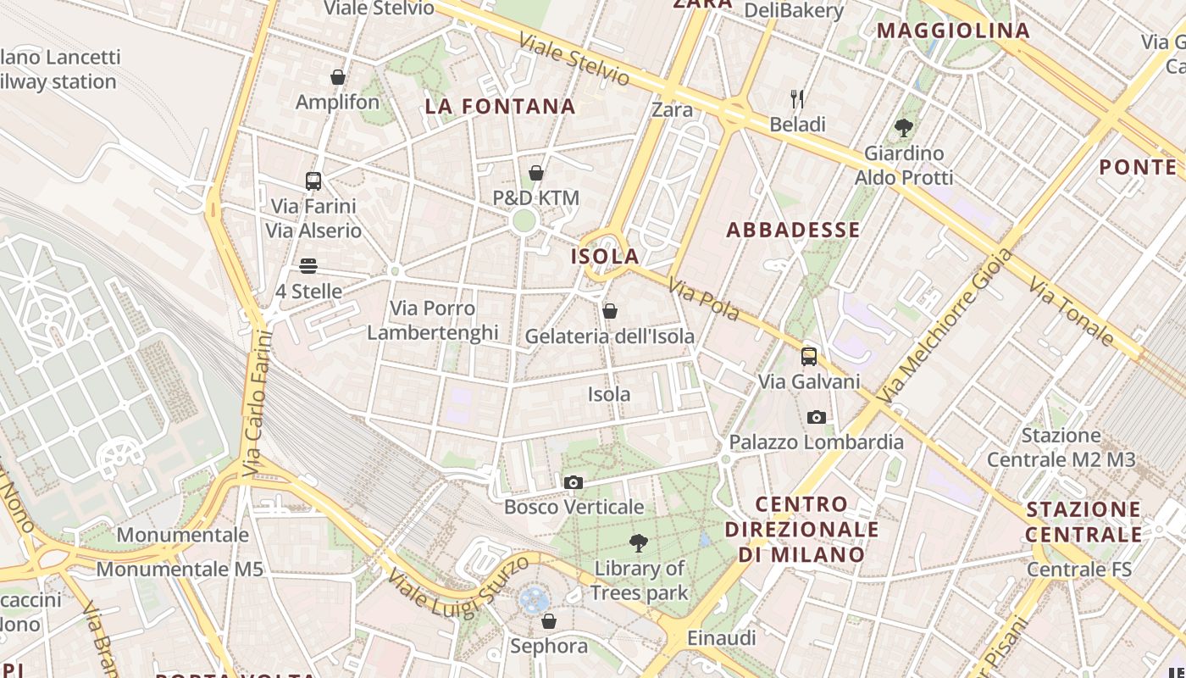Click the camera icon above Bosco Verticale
point(574,482)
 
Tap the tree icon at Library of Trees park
point(639,543)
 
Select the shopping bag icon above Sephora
point(549,621)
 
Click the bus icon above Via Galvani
point(809,357)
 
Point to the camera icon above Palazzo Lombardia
point(817,417)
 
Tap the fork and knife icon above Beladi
point(797,99)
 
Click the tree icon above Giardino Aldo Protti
point(903,129)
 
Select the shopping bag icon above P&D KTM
point(536,174)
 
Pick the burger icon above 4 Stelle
point(308,266)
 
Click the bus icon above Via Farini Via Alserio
point(313,181)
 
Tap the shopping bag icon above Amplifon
point(338,77)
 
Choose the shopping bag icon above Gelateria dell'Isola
point(609,311)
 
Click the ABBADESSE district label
point(793,230)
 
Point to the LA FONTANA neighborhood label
point(500,107)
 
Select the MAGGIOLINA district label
point(953,31)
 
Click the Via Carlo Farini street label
point(255,403)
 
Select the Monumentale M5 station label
point(180,569)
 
